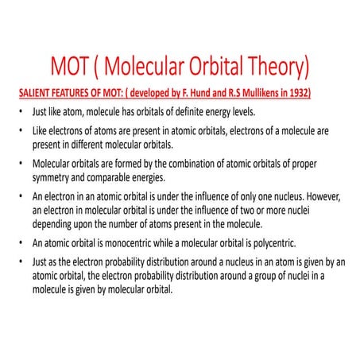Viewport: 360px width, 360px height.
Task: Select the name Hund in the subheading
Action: coord(209,93)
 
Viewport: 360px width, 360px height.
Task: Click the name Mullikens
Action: coord(254,93)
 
